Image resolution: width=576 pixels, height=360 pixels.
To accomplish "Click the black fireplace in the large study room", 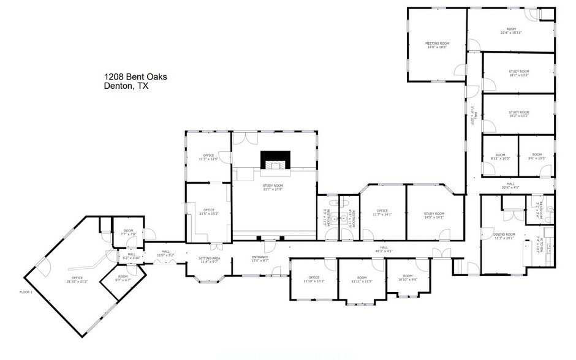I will coord(273,160).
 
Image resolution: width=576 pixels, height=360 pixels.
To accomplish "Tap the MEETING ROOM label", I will coord(437,45).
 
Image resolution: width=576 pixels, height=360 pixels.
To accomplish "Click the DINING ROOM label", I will coord(505,236).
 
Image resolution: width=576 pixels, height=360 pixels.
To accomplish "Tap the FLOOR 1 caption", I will coord(26,293).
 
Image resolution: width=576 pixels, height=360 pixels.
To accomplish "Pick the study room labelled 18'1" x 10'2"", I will coord(518,73).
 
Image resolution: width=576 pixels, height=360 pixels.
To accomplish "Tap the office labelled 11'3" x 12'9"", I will coord(208,157).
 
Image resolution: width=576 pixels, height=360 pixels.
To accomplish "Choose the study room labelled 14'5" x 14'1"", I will coord(433,216).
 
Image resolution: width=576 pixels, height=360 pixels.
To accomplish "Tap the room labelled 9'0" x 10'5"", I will coord(537,157).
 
